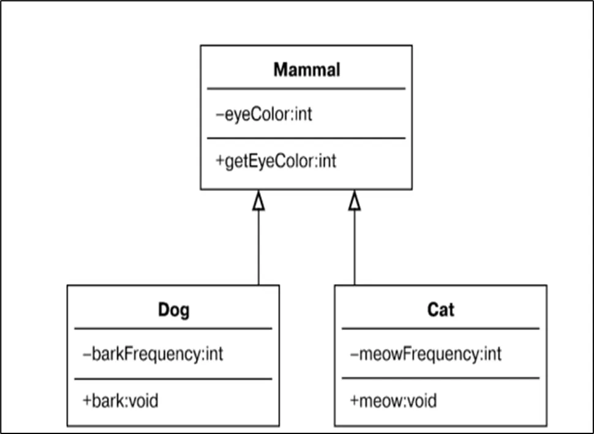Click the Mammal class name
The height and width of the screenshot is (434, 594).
(307, 70)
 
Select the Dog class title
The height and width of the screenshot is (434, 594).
(174, 310)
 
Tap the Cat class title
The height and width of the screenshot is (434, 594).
(440, 310)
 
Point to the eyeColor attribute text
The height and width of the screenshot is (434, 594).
(264, 114)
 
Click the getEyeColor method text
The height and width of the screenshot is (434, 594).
(276, 162)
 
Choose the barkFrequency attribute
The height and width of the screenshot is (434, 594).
(152, 354)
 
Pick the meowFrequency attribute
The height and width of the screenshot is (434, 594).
(426, 354)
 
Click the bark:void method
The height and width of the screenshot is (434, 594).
(121, 401)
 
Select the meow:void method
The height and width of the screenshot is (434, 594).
(394, 401)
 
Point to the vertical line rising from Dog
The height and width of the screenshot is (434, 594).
(258, 247)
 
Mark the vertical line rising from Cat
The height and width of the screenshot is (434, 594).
(355, 247)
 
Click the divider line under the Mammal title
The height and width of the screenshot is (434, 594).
(306, 89)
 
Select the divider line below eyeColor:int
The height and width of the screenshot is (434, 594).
(306, 138)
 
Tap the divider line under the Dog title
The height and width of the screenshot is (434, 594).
(173, 329)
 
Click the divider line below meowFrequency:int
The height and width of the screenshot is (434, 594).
(440, 378)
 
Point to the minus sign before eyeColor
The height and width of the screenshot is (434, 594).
(220, 114)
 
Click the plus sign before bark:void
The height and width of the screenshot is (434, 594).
(87, 401)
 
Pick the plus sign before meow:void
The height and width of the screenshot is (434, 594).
(355, 401)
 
